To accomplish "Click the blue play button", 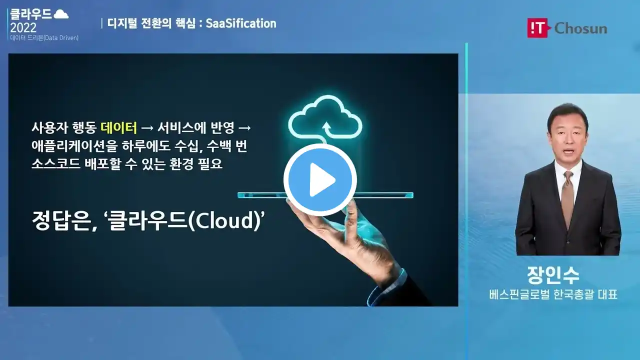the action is click(320, 180).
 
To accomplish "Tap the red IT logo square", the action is click(537, 28).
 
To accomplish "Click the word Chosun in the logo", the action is click(580, 28).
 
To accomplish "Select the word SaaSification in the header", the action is click(241, 23).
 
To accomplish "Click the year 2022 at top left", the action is click(23, 27).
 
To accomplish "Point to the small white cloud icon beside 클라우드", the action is click(61, 14).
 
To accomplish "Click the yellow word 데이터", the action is click(118, 127).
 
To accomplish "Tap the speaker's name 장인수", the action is click(553, 275).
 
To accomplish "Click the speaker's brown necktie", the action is click(567, 197).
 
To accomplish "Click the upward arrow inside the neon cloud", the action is click(326, 129).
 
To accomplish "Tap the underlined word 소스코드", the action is click(56, 164).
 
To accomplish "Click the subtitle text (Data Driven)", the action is click(61, 37).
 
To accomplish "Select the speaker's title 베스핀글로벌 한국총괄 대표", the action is click(553, 294).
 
